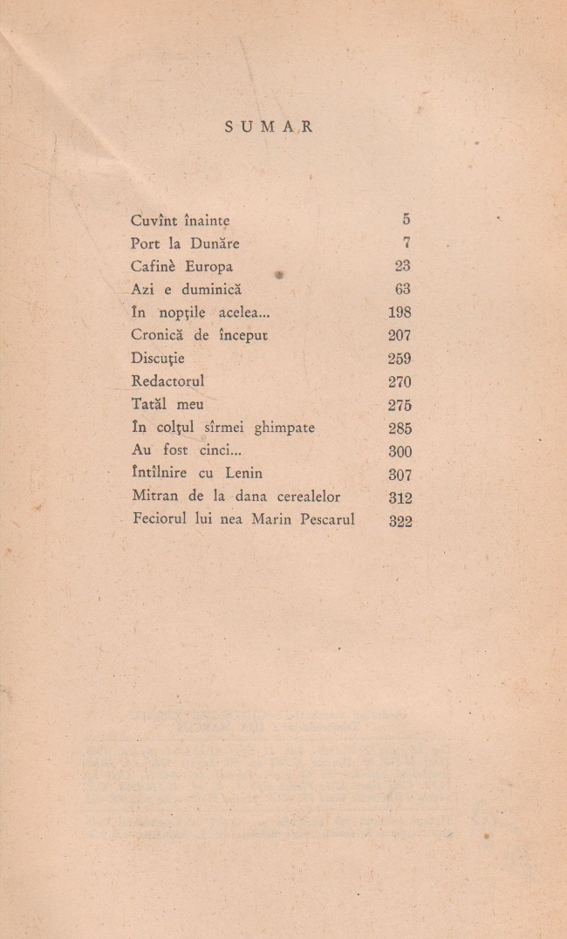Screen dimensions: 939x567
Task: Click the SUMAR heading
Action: tap(269, 127)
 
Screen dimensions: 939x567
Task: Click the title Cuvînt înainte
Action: tap(180, 221)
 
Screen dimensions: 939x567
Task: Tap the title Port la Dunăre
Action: tap(184, 244)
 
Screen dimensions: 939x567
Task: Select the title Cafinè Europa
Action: tap(181, 267)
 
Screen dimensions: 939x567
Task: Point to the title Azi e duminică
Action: tap(185, 290)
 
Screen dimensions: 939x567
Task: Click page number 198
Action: tap(399, 312)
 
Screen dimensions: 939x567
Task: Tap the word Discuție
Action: tap(158, 359)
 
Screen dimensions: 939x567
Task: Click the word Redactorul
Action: tap(167, 381)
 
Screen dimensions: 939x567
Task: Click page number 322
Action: tap(400, 521)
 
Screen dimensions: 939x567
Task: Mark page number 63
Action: tap(402, 290)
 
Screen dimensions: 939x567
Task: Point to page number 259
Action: tap(399, 359)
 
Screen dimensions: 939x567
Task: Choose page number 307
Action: tap(400, 475)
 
